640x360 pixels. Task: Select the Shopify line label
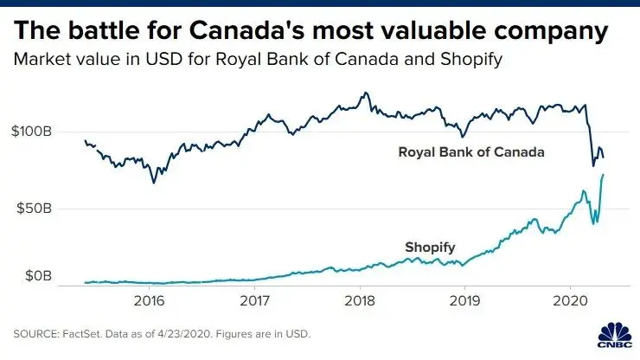430,247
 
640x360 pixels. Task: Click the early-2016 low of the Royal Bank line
154,182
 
